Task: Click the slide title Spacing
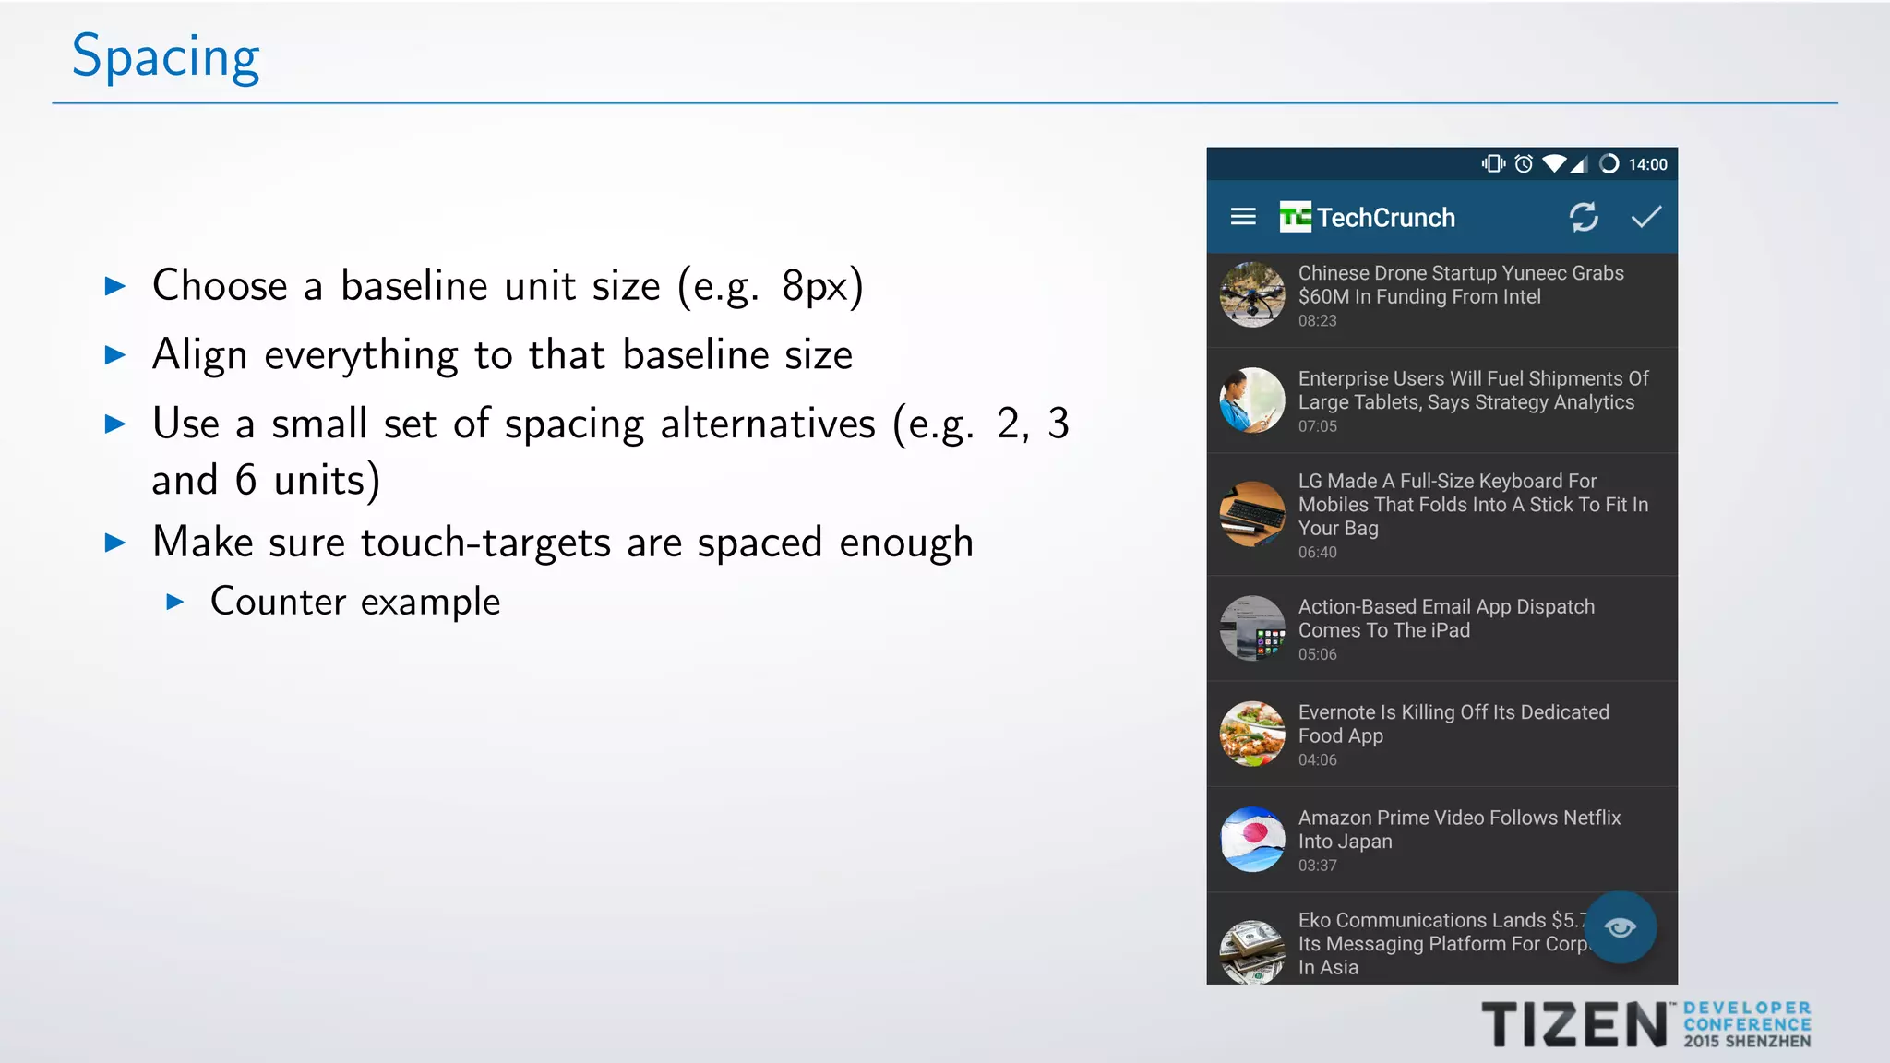coord(166,57)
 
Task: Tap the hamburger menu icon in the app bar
coord(1243,217)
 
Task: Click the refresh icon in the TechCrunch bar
coord(1584,217)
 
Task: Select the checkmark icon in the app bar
coord(1645,217)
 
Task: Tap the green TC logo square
coord(1295,217)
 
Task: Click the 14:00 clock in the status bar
coord(1647,164)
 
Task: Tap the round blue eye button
coord(1621,927)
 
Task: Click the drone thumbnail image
coord(1252,295)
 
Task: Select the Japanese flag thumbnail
coord(1252,840)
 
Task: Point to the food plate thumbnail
coord(1252,735)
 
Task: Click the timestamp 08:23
coord(1317,321)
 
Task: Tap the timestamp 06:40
coord(1317,553)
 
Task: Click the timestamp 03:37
coord(1317,866)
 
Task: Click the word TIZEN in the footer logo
coord(1573,1025)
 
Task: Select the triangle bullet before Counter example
coord(175,603)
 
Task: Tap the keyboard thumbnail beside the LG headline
coord(1252,514)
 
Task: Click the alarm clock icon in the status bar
coord(1524,164)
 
